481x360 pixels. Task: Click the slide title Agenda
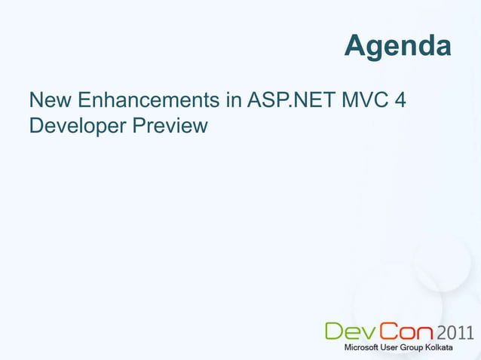coord(398,47)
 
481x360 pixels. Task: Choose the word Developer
coord(77,126)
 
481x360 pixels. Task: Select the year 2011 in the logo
coord(456,331)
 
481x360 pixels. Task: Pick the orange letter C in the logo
coord(388,331)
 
